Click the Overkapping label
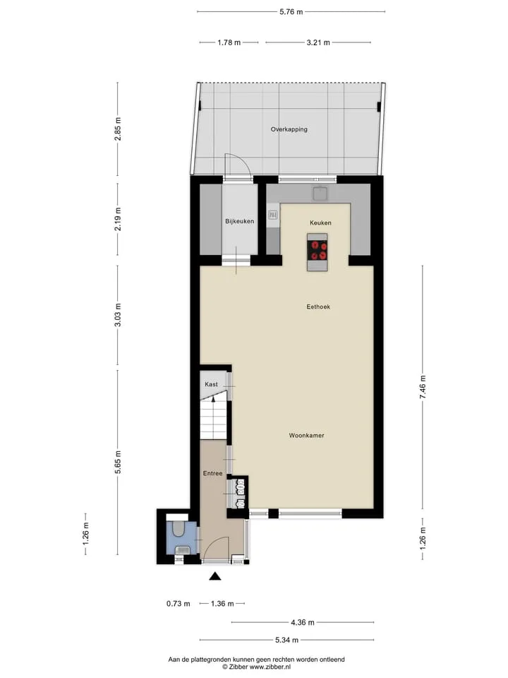[x=289, y=129]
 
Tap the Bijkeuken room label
[x=239, y=221]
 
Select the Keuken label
[x=320, y=222]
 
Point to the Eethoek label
[x=318, y=307]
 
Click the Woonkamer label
[x=306, y=436]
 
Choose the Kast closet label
[x=211, y=384]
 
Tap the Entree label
[x=212, y=473]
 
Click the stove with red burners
[x=317, y=250]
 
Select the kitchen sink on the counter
[x=320, y=194]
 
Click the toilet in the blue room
[x=178, y=528]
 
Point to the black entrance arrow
[x=215, y=576]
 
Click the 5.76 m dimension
[x=291, y=12]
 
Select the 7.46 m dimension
[x=423, y=387]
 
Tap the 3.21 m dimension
[x=318, y=42]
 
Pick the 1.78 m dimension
[x=229, y=42]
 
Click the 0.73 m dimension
[x=178, y=604]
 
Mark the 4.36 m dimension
[x=303, y=623]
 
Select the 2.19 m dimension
[x=118, y=219]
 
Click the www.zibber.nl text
[x=270, y=667]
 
